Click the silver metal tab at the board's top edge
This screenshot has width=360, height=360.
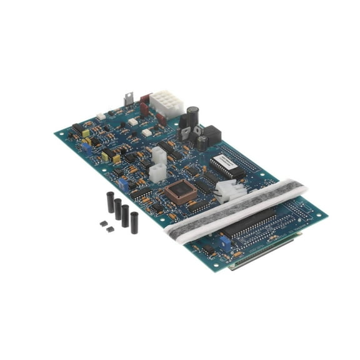pyautogui.click(x=129, y=99)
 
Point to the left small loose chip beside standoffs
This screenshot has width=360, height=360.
pyautogui.click(x=102, y=223)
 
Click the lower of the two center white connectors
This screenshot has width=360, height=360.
pyautogui.click(x=156, y=173)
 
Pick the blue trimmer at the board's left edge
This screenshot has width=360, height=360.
pyautogui.click(x=82, y=146)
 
